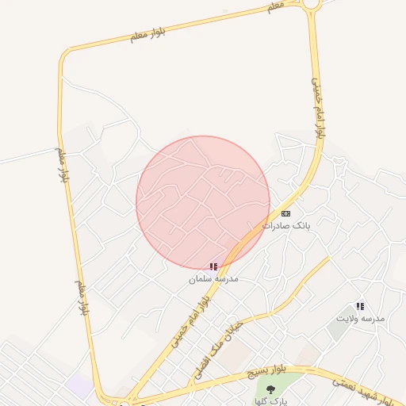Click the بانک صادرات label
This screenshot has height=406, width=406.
(289, 225)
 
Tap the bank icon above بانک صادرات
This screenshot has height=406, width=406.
(286, 213)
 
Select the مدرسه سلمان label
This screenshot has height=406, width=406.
(213, 279)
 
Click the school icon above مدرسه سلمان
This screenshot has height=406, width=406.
(213, 267)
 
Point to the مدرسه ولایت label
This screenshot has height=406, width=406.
(360, 318)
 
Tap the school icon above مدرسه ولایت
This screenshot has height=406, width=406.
(360, 306)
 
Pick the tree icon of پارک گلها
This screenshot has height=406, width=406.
(271, 389)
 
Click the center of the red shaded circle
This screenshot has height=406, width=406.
(203, 202)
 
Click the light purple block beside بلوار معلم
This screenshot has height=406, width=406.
(79, 386)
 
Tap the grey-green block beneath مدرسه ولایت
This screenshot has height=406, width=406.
(337, 330)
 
